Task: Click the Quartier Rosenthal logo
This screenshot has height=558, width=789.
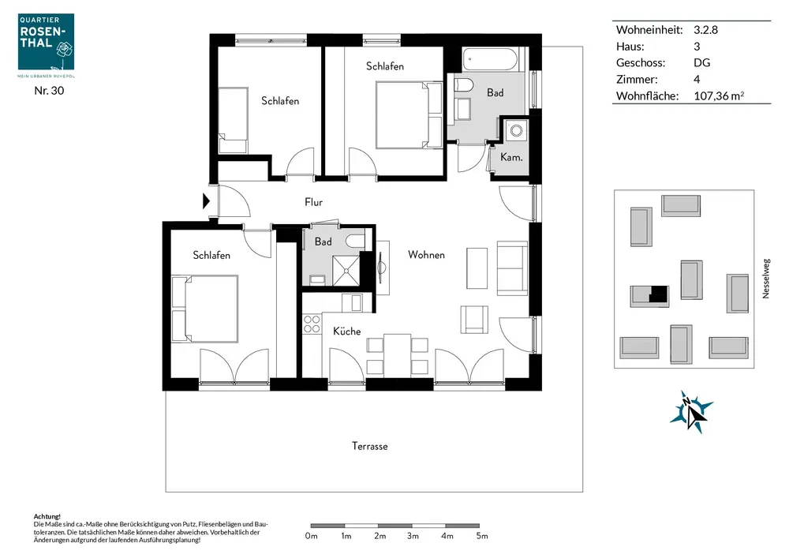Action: [46, 42]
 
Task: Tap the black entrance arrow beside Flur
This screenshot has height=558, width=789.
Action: [206, 200]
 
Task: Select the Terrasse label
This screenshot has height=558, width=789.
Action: [370, 446]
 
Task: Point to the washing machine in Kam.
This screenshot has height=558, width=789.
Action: [516, 130]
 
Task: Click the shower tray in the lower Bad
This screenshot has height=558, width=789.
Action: [346, 271]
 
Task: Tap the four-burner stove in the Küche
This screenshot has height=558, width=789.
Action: [312, 324]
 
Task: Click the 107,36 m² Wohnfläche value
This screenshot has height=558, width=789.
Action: [719, 95]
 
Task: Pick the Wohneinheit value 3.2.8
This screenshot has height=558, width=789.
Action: [705, 30]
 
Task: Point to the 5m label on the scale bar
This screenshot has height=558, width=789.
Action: [482, 536]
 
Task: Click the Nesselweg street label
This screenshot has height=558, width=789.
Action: [766, 279]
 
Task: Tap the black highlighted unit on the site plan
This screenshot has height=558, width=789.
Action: [658, 294]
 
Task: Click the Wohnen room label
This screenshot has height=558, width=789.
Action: [426, 255]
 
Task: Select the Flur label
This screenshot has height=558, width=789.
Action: [313, 202]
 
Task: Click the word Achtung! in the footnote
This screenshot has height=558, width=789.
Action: [47, 516]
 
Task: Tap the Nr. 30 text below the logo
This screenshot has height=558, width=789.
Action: [49, 91]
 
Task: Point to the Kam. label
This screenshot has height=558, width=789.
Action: [511, 157]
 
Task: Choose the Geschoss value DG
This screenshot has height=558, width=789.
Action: [702, 63]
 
